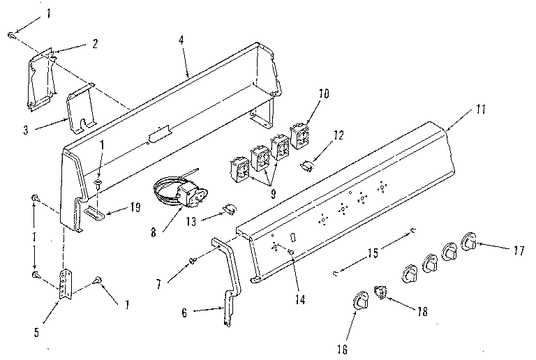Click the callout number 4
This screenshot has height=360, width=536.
pos(181,40)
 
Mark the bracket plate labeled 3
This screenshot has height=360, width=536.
pos(82,110)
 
